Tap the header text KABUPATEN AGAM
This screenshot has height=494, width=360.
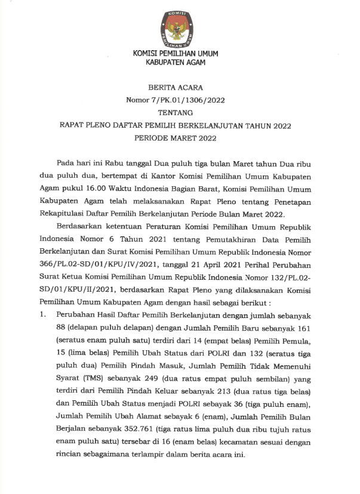coord(180,63)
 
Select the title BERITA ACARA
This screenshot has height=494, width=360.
coord(180,87)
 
